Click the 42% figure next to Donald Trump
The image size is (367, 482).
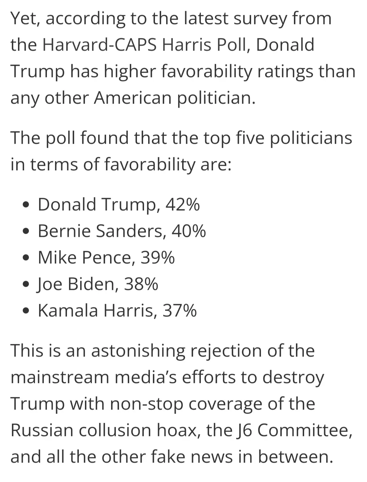182,205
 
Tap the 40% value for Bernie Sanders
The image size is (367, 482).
189,231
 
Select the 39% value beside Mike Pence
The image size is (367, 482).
158,258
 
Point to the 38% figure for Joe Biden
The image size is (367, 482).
141,284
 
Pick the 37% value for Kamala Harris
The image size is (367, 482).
179,311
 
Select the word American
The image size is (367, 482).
133,98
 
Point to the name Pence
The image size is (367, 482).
108,258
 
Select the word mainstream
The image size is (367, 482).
60,378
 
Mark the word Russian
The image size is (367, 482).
42,431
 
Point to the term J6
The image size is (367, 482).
244,431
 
